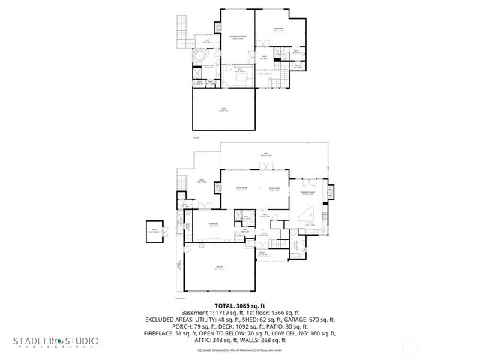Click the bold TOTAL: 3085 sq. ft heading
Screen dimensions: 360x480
pyautogui.click(x=240, y=305)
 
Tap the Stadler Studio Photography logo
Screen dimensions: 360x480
pyautogui.click(x=55, y=342)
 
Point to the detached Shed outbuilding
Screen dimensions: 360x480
pyautogui.click(x=154, y=231)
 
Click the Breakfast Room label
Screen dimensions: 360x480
pyautogui.click(x=307, y=193)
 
